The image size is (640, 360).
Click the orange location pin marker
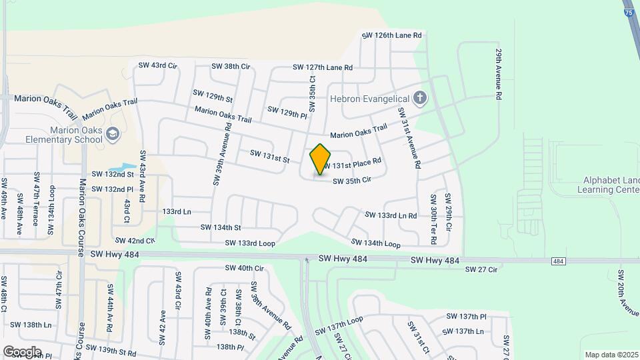point(321,159)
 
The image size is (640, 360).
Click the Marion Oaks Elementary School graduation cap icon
point(112,133)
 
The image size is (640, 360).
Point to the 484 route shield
point(559,261)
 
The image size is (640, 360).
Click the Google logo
point(22,351)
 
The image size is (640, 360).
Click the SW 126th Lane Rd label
point(392,35)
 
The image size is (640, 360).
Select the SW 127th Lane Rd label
point(323,67)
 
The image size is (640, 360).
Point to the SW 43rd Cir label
point(157,65)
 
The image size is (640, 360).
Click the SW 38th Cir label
point(231,66)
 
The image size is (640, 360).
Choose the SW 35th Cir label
point(351,181)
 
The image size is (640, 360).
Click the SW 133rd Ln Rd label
point(391,215)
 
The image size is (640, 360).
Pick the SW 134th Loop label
point(375,243)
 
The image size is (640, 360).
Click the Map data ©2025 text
point(611,355)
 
